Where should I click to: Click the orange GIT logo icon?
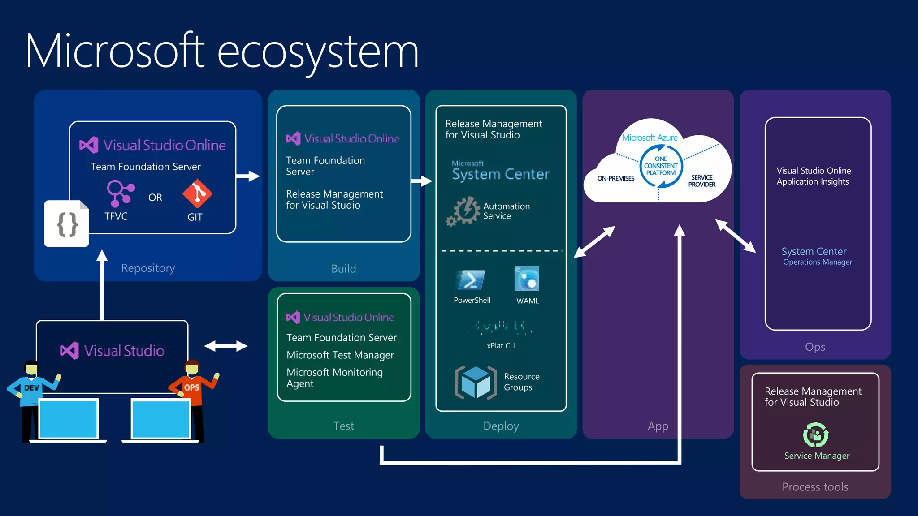pyautogui.click(x=197, y=194)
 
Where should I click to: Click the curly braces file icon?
pyautogui.click(x=67, y=224)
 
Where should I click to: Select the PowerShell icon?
pyautogui.click(x=471, y=280)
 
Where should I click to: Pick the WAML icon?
pyautogui.click(x=527, y=279)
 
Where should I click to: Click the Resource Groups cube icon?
pyautogui.click(x=476, y=383)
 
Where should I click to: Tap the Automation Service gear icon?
pyautogui.click(x=463, y=211)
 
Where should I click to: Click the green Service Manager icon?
pyautogui.click(x=815, y=434)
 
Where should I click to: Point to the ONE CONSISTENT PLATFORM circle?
pyautogui.click(x=661, y=166)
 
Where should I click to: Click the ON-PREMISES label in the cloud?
pyautogui.click(x=615, y=178)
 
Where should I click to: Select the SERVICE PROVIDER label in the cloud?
pyautogui.click(x=701, y=181)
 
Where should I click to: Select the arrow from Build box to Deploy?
pyautogui.click(x=421, y=181)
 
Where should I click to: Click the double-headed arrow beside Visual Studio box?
pyautogui.click(x=226, y=346)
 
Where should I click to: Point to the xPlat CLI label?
pyautogui.click(x=501, y=345)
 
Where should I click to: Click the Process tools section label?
pyautogui.click(x=815, y=487)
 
